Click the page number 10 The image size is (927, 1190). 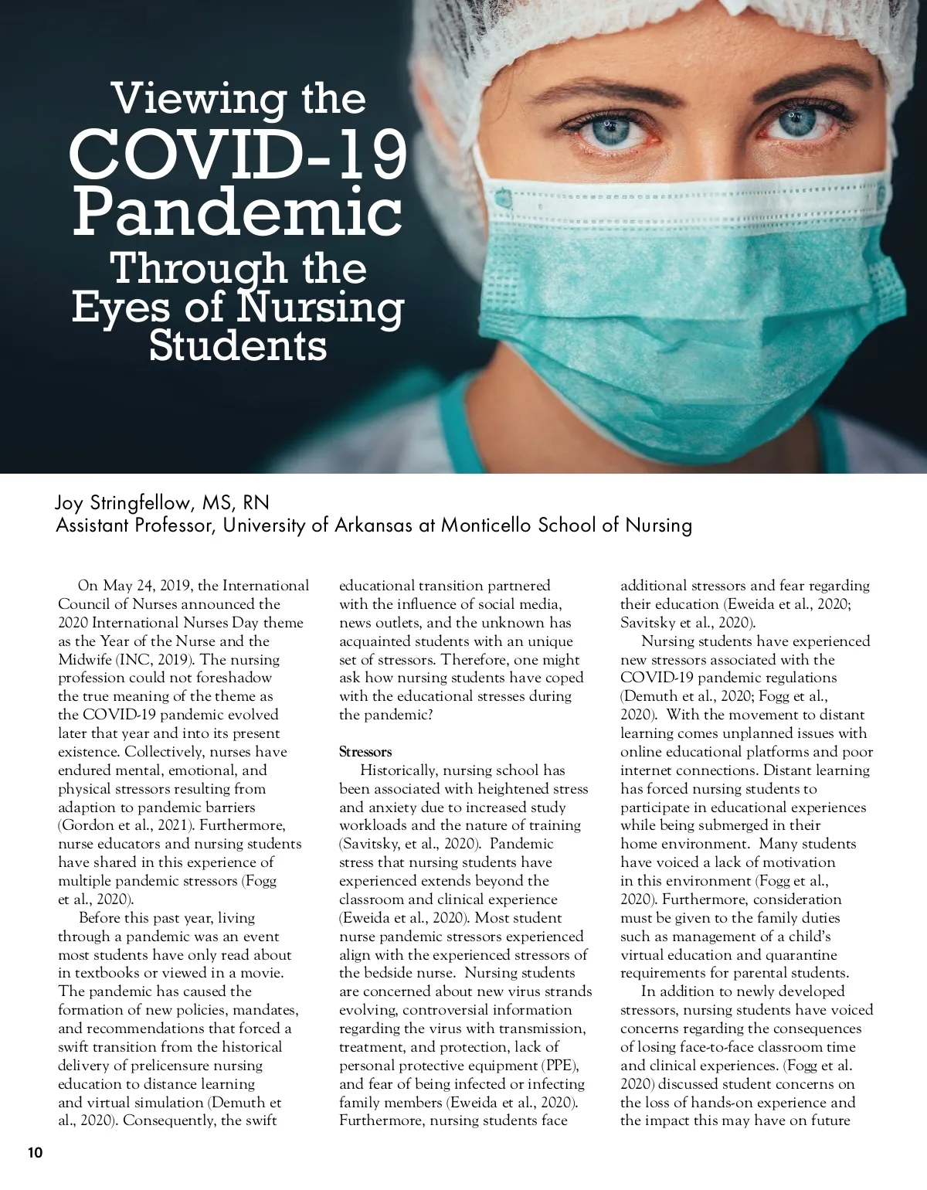pos(36,1154)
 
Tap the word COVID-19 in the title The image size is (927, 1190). pos(238,155)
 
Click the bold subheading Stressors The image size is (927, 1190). pos(365,752)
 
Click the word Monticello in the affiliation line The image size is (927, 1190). pos(485,525)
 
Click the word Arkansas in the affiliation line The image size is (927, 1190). pos(370,525)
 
